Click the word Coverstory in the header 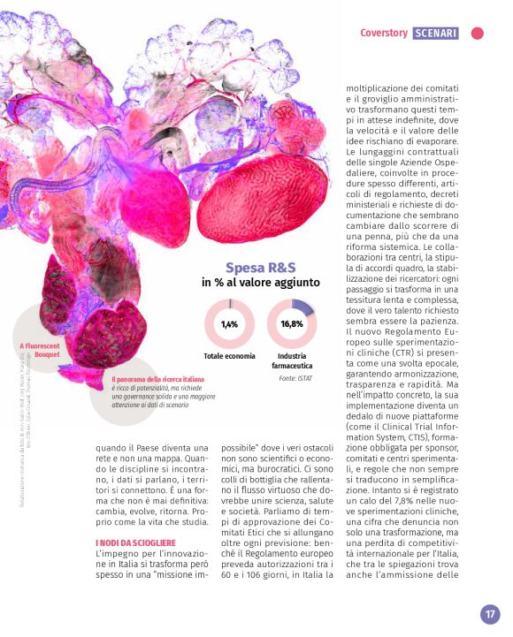pos(383,34)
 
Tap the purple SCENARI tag pos(435,34)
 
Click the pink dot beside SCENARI pos(478,34)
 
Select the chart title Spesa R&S pos(261,267)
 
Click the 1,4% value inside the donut pos(229,324)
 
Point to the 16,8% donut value pos(291,324)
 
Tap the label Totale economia pos(230,356)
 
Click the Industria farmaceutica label pos(292,360)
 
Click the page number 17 pos(490,614)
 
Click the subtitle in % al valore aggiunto pos(260,283)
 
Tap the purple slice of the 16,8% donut pos(302,307)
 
